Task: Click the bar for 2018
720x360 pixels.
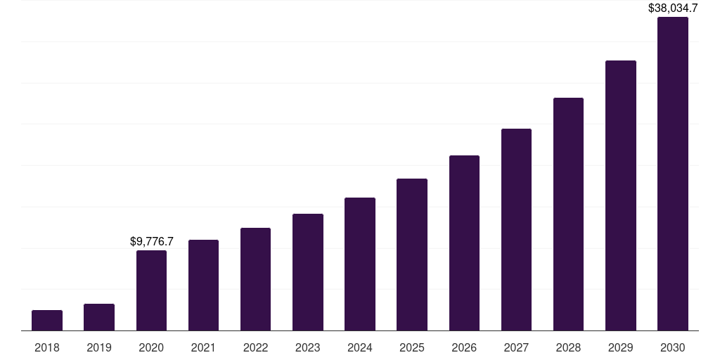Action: click(x=47, y=321)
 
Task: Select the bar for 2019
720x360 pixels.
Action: click(x=99, y=317)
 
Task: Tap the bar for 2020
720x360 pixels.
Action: click(x=151, y=290)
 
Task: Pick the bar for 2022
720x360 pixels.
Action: click(x=255, y=279)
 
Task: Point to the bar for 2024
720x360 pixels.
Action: click(x=360, y=264)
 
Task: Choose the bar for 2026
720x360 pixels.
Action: click(x=464, y=243)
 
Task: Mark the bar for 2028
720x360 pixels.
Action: click(x=568, y=214)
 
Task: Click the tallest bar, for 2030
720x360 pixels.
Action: click(x=673, y=174)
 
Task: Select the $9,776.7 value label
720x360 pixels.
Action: click(x=152, y=241)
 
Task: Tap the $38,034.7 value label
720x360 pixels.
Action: click(x=673, y=8)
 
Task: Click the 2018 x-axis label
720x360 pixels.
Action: click(x=47, y=347)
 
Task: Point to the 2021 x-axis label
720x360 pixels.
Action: click(x=203, y=347)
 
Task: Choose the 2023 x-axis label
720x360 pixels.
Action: click(x=308, y=347)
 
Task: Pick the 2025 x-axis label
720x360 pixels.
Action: click(x=412, y=347)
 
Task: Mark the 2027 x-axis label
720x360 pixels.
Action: click(x=516, y=347)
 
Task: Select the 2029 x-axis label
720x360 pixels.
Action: click(x=621, y=347)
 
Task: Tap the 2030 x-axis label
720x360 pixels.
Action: click(x=673, y=347)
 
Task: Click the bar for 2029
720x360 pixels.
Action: click(x=621, y=195)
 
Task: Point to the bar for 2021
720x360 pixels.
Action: click(x=203, y=285)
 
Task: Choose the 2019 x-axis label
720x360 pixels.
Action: click(x=99, y=347)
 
